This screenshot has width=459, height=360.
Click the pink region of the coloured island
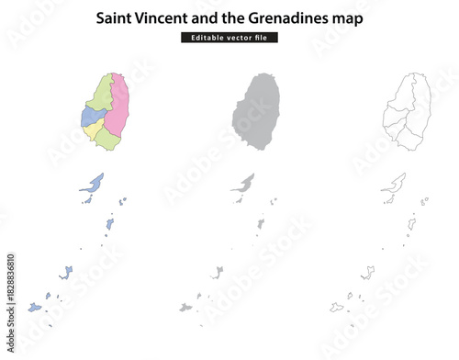pyautogui.click(x=116, y=107)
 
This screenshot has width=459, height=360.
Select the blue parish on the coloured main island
pyautogui.click(x=90, y=117)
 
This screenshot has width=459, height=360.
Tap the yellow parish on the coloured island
pyautogui.click(x=93, y=131)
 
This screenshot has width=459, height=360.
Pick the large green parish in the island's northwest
pyautogui.click(x=100, y=93)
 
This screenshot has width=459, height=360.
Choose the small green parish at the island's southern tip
pyautogui.click(x=107, y=139)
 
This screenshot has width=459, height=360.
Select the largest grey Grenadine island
pyautogui.click(x=244, y=184)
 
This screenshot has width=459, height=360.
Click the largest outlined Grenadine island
pyautogui.click(x=395, y=184)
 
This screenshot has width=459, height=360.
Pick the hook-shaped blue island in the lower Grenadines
pyautogui.click(x=67, y=272)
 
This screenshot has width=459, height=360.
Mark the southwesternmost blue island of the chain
pyautogui.click(x=35, y=307)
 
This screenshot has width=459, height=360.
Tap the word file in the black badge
pyautogui.click(x=263, y=38)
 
